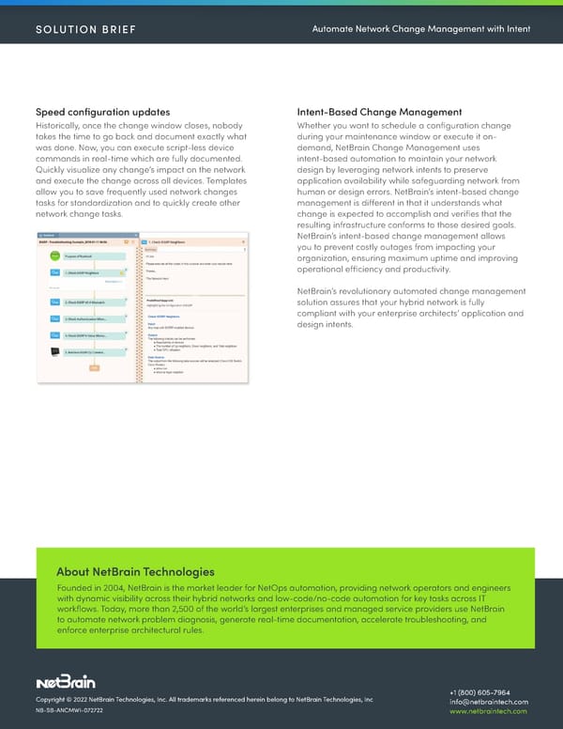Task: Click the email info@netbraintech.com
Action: pos(490,702)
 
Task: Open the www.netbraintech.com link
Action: pos(490,713)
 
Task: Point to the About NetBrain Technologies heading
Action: pos(135,571)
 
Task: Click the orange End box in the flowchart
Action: pos(93,367)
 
